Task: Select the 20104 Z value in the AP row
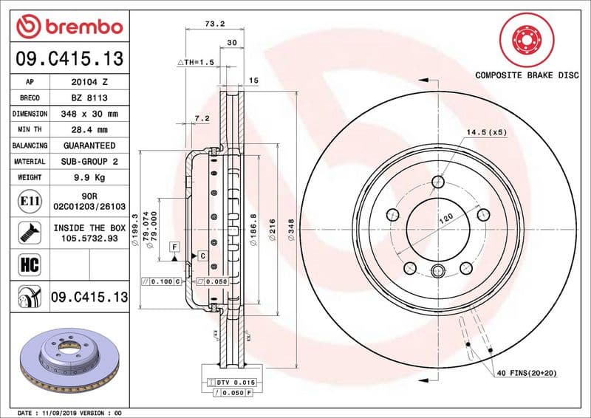coord(92,81)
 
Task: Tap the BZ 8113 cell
coord(92,97)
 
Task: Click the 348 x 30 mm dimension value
coord(92,114)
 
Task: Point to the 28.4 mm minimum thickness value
coord(92,130)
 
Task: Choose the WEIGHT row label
coord(30,177)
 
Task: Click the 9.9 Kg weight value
coord(92,177)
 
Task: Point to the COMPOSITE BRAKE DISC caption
coord(526,75)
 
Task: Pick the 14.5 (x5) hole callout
coord(485,132)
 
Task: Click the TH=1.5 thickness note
coord(197,64)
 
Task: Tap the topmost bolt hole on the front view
coord(439,181)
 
